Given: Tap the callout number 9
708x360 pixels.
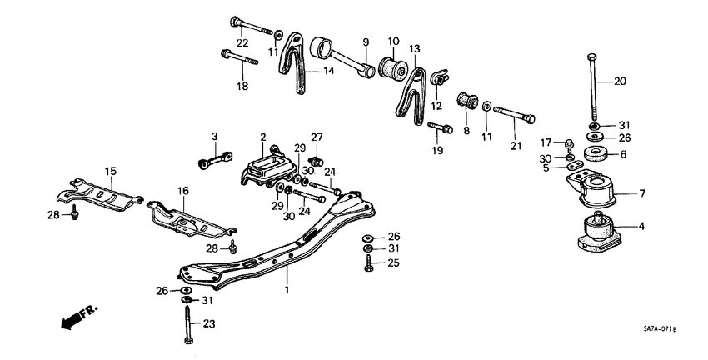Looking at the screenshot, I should [x=365, y=41].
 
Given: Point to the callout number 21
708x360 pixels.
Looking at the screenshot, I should [x=516, y=147].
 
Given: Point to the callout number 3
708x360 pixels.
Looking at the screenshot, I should [x=214, y=137].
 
